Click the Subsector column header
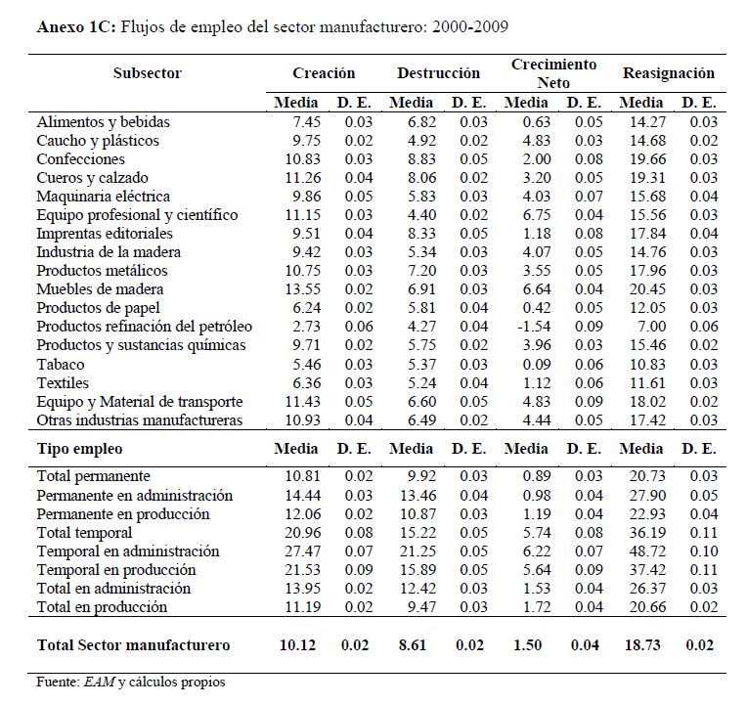pyautogui.click(x=147, y=73)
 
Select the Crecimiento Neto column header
pyautogui.click(x=553, y=73)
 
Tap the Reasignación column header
pyautogui.click(x=668, y=73)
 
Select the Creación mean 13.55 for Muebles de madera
pyautogui.click(x=299, y=289)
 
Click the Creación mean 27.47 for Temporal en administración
pyautogui.click(x=299, y=551)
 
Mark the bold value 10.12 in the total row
pyautogui.click(x=299, y=645)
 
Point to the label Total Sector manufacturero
pyautogui.click(x=133, y=645)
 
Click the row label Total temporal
pyautogui.click(x=84, y=533)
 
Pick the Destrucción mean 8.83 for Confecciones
pyautogui.click(x=413, y=159)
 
